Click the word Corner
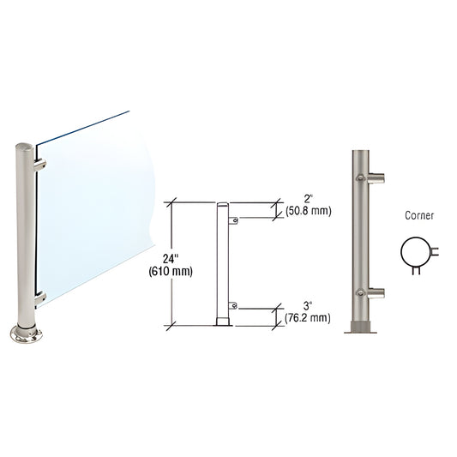pos(419,215)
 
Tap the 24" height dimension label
pos(171,259)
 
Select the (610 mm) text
pos(171,272)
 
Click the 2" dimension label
pos(308,200)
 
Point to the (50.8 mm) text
pos(309,211)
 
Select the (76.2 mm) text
pos(308,318)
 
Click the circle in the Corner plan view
pos(401,252)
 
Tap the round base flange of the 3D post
pos(26,334)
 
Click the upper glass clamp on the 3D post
pos(40,165)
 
